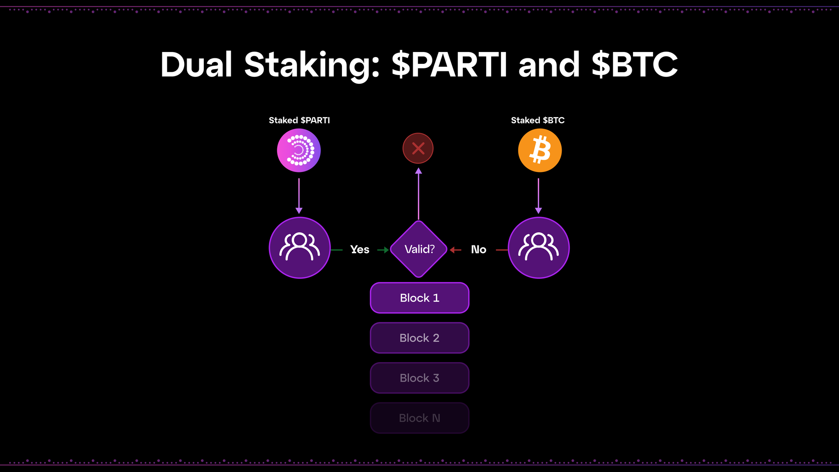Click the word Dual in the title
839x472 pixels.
point(196,65)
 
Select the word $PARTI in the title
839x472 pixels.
point(449,65)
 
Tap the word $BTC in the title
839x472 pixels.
point(634,65)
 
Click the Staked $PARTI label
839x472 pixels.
point(299,120)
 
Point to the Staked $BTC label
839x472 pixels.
point(537,120)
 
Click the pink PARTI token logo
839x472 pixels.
point(299,150)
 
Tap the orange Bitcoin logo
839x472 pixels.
point(539,150)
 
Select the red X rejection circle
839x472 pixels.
point(418,148)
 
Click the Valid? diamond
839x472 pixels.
point(419,249)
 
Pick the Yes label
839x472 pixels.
point(360,250)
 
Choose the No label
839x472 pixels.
point(478,250)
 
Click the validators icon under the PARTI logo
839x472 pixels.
point(300,248)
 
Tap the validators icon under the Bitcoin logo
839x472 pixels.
point(539,248)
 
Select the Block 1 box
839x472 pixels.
point(419,298)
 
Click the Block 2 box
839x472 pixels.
point(419,338)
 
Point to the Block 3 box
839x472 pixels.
point(419,378)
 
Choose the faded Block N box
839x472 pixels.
point(419,418)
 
